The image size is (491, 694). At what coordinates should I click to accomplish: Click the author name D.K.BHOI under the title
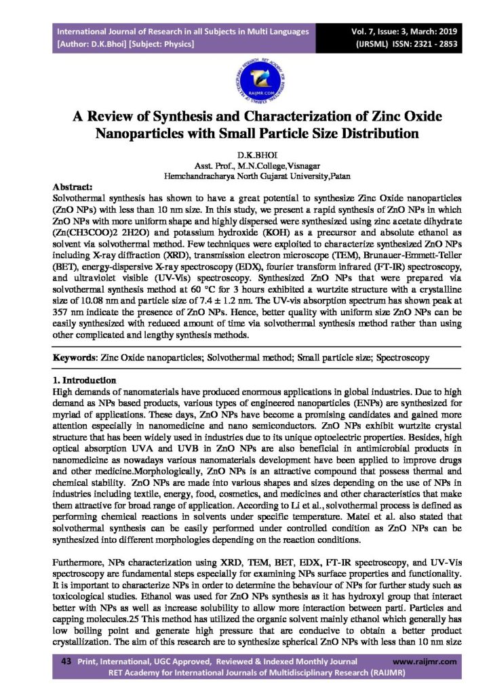pyautogui.click(x=245, y=155)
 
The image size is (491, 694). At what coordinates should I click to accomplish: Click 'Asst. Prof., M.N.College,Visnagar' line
pyautogui.click(x=245, y=165)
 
